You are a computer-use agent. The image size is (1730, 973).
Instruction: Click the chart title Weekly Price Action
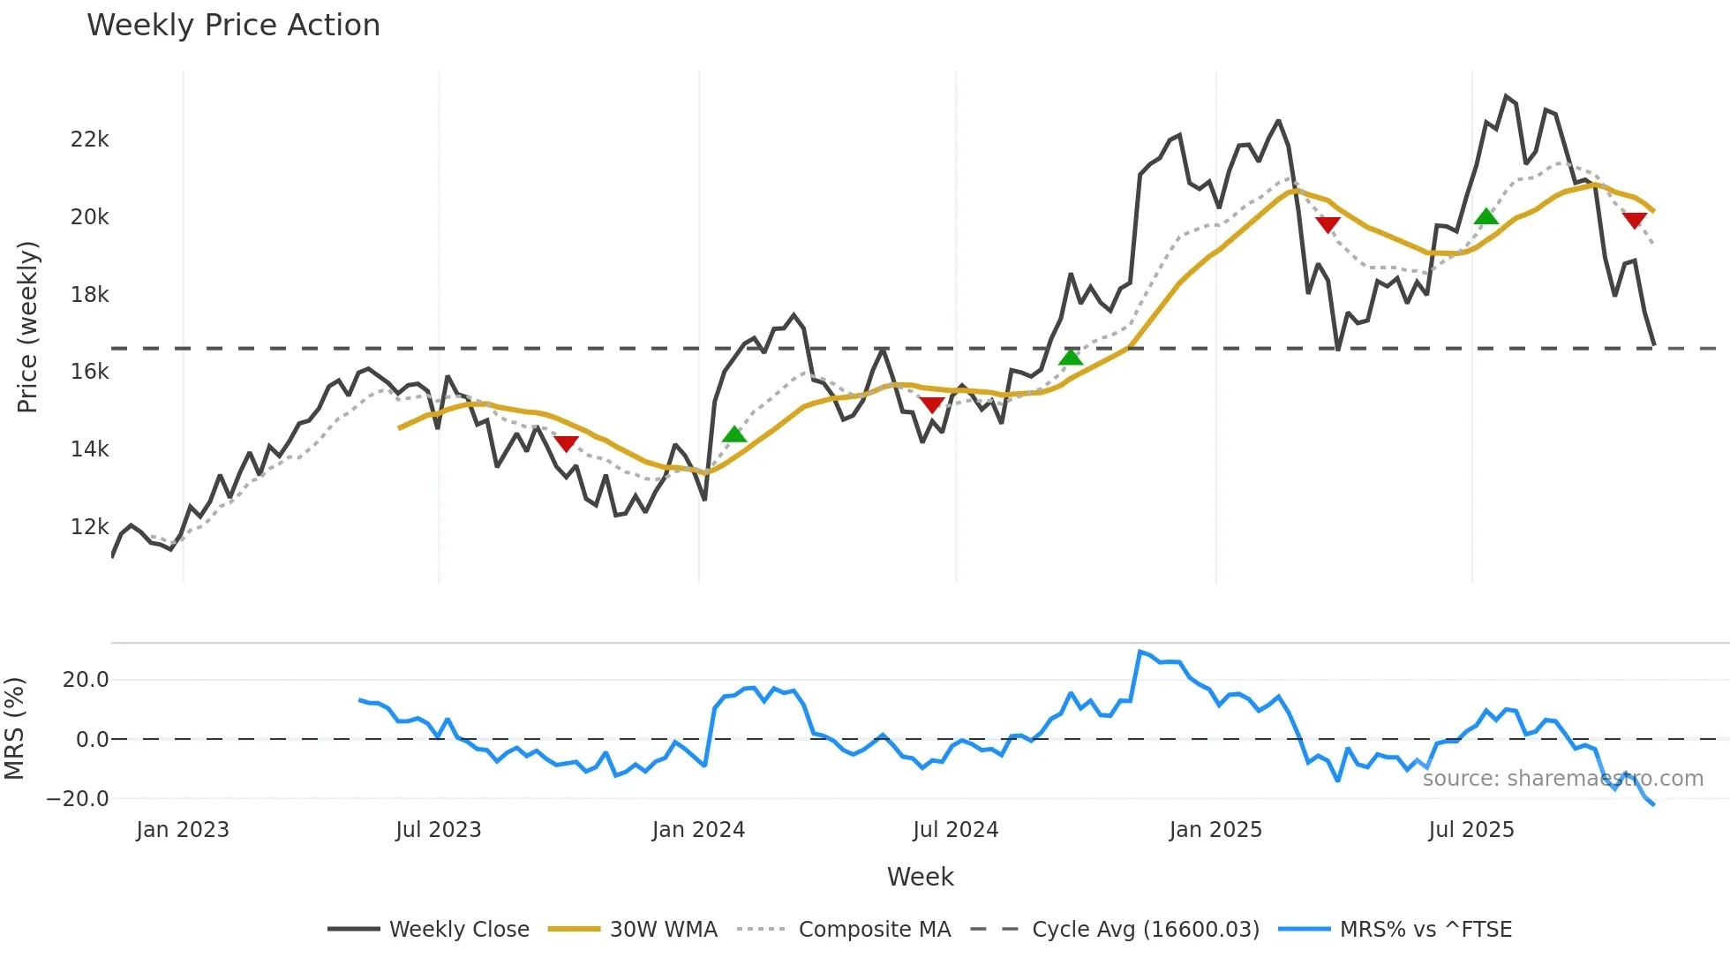point(233,26)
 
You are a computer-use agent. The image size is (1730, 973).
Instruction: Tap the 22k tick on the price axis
point(90,140)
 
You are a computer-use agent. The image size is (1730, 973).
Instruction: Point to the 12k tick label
point(90,527)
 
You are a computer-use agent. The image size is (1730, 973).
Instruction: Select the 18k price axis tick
point(90,295)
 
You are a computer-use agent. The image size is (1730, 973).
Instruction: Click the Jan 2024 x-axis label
point(698,830)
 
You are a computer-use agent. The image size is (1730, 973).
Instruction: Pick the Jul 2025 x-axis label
point(1471,830)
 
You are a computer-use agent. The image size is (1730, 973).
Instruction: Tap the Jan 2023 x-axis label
point(183,830)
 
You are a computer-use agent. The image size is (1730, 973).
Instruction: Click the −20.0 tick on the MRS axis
point(78,799)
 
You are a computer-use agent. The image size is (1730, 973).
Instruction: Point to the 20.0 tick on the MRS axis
point(86,680)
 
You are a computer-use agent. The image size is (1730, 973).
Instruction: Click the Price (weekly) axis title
point(27,327)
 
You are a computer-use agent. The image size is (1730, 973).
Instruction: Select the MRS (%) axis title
point(14,728)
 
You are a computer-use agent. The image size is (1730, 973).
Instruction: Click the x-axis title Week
point(920,877)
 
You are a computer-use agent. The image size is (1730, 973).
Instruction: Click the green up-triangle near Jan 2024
point(734,434)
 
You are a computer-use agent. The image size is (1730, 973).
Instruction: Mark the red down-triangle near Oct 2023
point(566,443)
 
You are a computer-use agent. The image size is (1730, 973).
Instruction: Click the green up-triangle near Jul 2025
point(1486,216)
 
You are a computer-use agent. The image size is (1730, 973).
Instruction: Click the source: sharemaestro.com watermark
point(1562,779)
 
